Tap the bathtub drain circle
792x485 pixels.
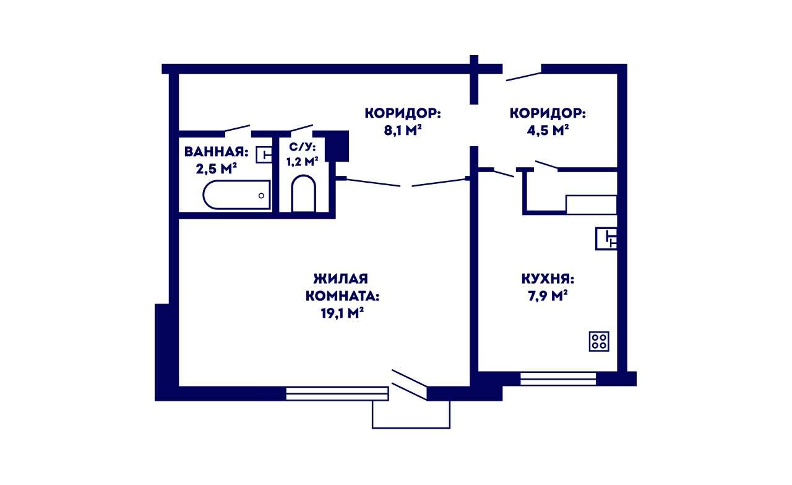coord(261,196)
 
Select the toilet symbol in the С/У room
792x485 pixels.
coord(303,194)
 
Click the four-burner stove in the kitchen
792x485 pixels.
coord(599,341)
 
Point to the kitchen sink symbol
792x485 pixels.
coord(606,238)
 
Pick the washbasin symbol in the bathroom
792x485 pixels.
coord(264,155)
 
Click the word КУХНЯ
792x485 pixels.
coord(548,279)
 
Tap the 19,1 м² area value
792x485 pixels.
coord(342,313)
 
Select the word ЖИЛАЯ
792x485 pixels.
coord(340,279)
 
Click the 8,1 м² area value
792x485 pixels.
coord(403,130)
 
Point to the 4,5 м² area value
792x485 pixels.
coord(548,130)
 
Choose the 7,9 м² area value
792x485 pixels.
coord(548,295)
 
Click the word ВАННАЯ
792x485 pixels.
coord(216,152)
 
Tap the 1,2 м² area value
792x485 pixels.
coord(302,162)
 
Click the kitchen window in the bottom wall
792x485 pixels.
coord(558,378)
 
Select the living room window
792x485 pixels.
coord(337,394)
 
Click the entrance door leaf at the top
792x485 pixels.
coord(523,76)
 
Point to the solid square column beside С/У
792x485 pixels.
coord(337,146)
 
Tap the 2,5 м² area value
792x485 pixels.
coord(216,169)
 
